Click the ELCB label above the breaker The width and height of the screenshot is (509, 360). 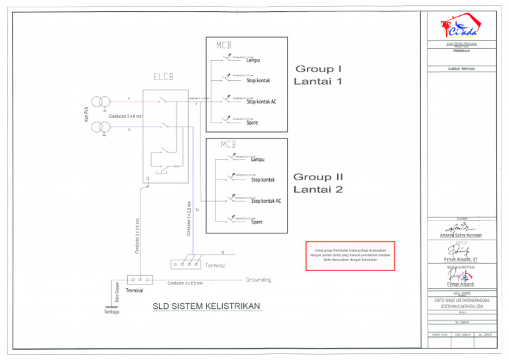point(163,76)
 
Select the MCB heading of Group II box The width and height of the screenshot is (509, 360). point(229,145)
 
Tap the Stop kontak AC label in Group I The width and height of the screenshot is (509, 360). point(261,102)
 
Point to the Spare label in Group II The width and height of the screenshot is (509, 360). point(257,222)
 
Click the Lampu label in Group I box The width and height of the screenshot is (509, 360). point(253,61)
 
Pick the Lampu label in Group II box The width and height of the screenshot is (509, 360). point(258,160)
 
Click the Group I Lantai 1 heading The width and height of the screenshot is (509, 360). point(319,75)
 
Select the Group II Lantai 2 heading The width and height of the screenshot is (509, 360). point(319,183)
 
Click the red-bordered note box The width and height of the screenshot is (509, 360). point(350,255)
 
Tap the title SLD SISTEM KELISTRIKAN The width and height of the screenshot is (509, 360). point(207,306)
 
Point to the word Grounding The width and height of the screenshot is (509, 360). point(258,280)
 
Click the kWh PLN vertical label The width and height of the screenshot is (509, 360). point(87,114)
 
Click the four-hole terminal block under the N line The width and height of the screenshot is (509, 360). point(186,263)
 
